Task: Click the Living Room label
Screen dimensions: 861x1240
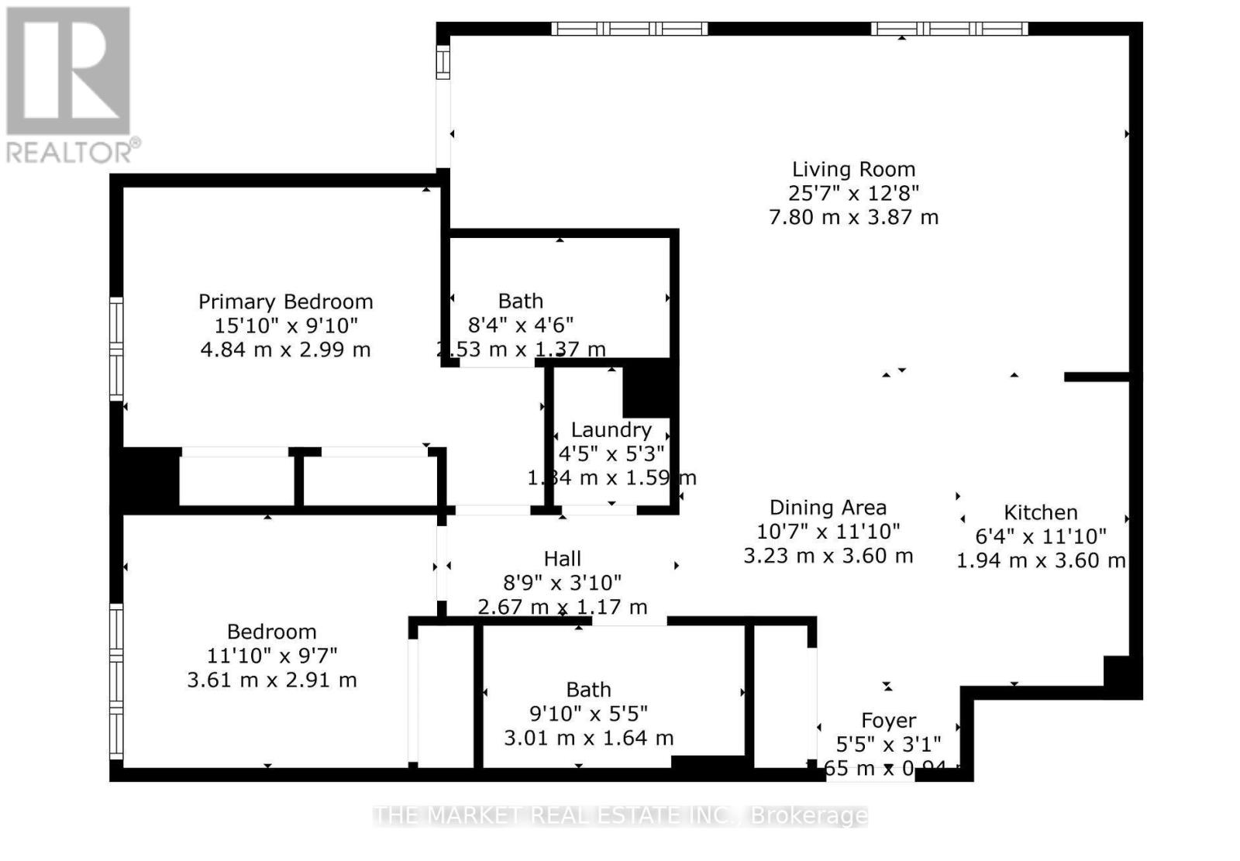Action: point(853,170)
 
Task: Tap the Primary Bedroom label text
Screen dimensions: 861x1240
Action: point(285,301)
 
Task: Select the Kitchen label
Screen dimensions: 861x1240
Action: point(1040,512)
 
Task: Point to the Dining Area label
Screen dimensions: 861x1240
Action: point(828,508)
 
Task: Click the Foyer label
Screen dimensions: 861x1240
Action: point(888,722)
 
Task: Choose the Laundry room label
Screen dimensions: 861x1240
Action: point(611,430)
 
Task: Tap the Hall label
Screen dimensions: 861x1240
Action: point(562,559)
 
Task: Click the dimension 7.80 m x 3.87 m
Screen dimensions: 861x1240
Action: point(853,218)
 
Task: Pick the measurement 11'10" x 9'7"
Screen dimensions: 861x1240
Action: point(271,656)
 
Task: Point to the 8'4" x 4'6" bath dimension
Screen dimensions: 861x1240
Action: point(520,325)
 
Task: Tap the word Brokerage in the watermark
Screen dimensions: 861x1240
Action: point(809,816)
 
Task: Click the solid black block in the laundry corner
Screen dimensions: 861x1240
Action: point(649,388)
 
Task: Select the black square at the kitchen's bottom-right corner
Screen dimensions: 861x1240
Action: point(1121,676)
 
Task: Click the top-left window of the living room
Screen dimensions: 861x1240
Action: point(629,29)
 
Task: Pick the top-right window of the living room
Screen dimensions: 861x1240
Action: point(949,29)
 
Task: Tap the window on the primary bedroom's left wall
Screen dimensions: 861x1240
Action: point(116,349)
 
